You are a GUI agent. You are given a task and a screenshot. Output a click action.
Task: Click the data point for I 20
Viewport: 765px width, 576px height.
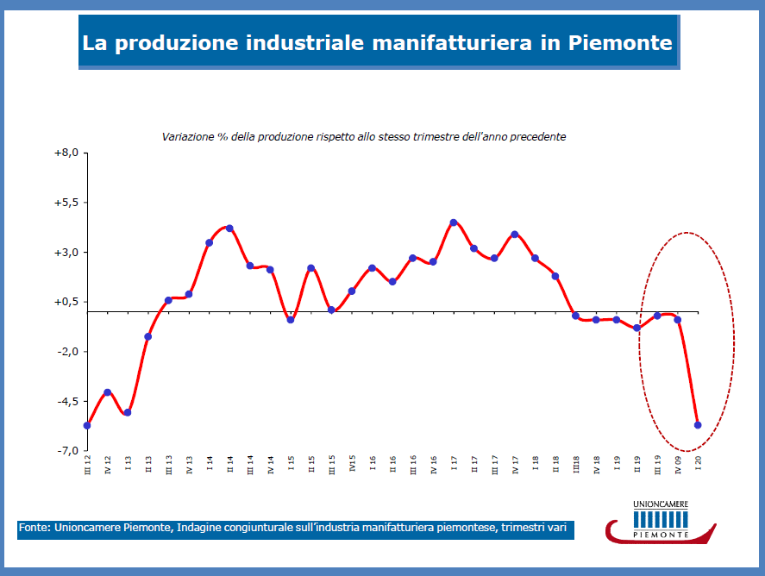click(698, 425)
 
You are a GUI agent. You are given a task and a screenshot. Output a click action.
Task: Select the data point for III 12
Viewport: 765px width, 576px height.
click(87, 425)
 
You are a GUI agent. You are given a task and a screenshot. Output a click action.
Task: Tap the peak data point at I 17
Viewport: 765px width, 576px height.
click(454, 222)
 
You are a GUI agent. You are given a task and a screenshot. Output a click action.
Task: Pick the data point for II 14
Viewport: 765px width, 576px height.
click(229, 229)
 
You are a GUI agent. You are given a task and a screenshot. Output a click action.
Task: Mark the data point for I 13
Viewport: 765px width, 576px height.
click(128, 412)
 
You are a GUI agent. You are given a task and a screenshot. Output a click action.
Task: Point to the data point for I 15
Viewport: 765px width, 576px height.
click(291, 320)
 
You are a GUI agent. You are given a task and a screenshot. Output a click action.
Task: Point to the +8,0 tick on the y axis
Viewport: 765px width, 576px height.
click(66, 153)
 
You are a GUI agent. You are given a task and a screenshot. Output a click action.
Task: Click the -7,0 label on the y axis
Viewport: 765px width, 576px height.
click(66, 451)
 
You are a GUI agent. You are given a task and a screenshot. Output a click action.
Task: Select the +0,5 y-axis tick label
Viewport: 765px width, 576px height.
click(66, 302)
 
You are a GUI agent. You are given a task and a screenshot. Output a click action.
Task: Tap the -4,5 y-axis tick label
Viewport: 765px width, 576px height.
click(66, 402)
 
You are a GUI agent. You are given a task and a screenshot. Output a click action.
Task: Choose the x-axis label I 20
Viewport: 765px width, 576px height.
click(698, 464)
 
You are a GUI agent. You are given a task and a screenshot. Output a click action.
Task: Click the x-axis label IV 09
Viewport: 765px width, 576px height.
click(678, 466)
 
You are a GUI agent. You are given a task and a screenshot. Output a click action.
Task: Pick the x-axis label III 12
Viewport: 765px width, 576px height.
click(87, 466)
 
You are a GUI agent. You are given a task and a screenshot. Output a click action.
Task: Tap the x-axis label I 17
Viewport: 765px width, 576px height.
click(454, 464)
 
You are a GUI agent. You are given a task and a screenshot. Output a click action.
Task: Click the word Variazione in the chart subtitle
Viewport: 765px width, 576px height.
click(186, 137)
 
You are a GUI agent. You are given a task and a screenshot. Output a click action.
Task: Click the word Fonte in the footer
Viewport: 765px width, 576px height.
click(34, 527)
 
